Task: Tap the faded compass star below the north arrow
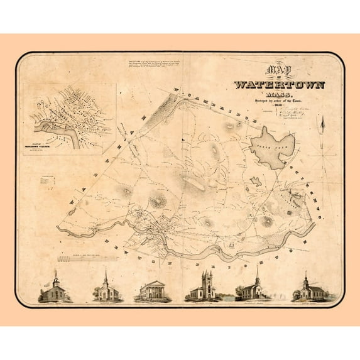323,150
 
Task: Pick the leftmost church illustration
55,289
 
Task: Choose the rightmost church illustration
305,288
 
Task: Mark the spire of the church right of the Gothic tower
256,272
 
